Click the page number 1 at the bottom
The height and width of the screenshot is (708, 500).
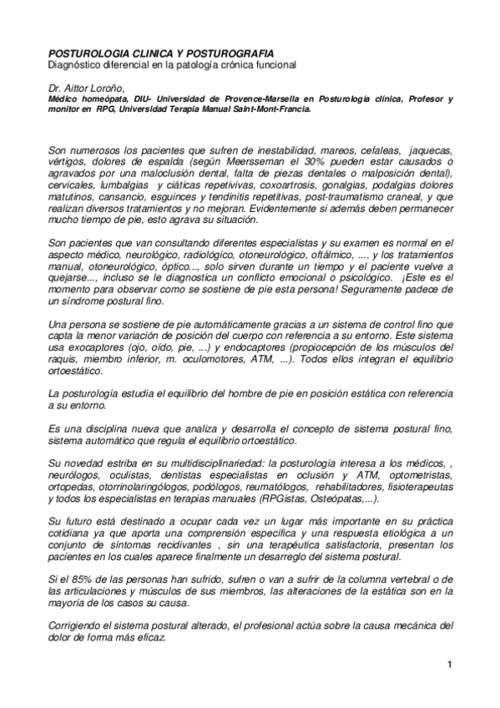449,665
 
